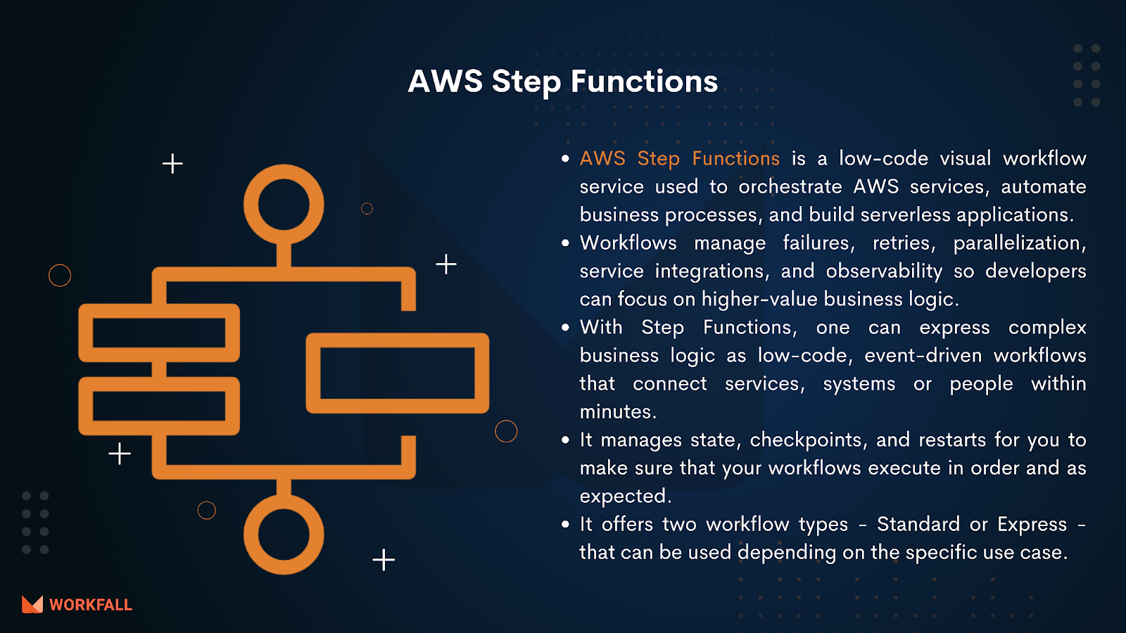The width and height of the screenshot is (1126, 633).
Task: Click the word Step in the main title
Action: pos(526,82)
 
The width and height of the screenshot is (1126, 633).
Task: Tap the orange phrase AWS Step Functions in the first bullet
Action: pos(680,159)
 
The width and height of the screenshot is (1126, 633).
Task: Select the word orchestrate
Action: pos(790,187)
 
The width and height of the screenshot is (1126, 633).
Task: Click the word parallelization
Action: pos(1020,244)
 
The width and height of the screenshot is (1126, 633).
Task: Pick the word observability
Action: pos(884,271)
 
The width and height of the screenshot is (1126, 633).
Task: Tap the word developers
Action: pos(1035,271)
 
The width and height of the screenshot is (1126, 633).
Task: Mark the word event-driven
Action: pos(923,356)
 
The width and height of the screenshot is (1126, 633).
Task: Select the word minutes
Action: pos(618,412)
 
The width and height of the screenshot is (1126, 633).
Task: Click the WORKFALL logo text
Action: pos(91,605)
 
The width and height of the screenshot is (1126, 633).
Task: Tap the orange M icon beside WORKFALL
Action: pos(32,605)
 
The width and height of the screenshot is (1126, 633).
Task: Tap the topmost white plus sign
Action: pos(172,164)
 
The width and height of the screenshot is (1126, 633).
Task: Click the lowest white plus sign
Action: pos(384,560)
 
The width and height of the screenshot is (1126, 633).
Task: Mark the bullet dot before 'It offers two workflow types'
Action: pos(566,525)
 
